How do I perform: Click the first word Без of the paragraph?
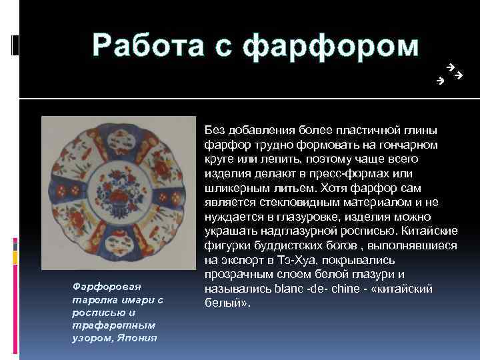pos(215,129)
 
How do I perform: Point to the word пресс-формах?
pos(349,173)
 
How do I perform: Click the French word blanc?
pos(289,289)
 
